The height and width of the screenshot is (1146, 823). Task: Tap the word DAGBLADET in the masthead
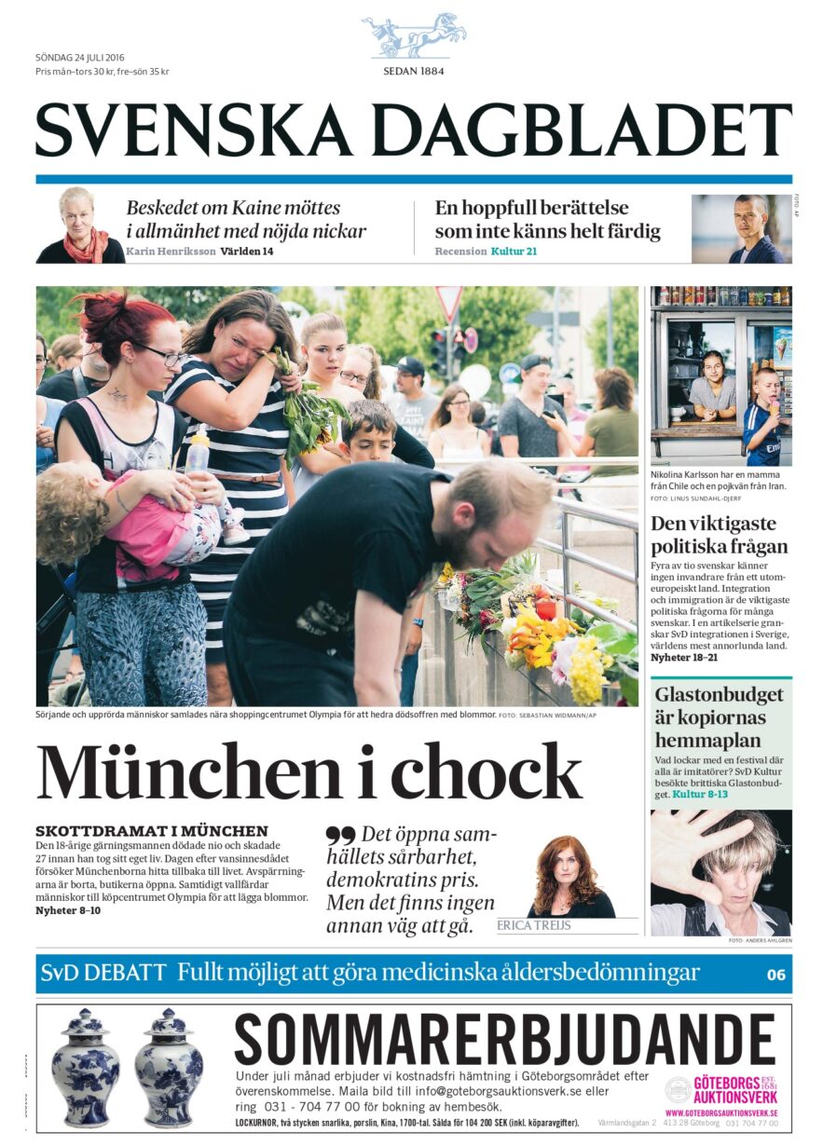click(586, 130)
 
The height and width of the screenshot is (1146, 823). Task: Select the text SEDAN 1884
click(413, 71)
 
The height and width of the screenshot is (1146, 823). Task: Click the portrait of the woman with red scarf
click(80, 226)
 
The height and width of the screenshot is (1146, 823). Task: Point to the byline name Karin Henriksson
click(171, 252)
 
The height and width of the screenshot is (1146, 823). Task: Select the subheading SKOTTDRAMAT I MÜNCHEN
click(151, 831)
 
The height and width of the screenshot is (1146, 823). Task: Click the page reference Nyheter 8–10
click(68, 910)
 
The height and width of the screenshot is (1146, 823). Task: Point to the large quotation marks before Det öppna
click(341, 835)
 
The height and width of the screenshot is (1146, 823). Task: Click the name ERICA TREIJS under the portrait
click(533, 925)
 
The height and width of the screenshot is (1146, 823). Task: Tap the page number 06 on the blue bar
click(775, 975)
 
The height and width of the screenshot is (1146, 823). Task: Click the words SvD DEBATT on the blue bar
click(103, 974)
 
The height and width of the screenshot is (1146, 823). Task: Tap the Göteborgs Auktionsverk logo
click(721, 1090)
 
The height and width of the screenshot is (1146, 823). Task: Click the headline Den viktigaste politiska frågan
click(719, 534)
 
